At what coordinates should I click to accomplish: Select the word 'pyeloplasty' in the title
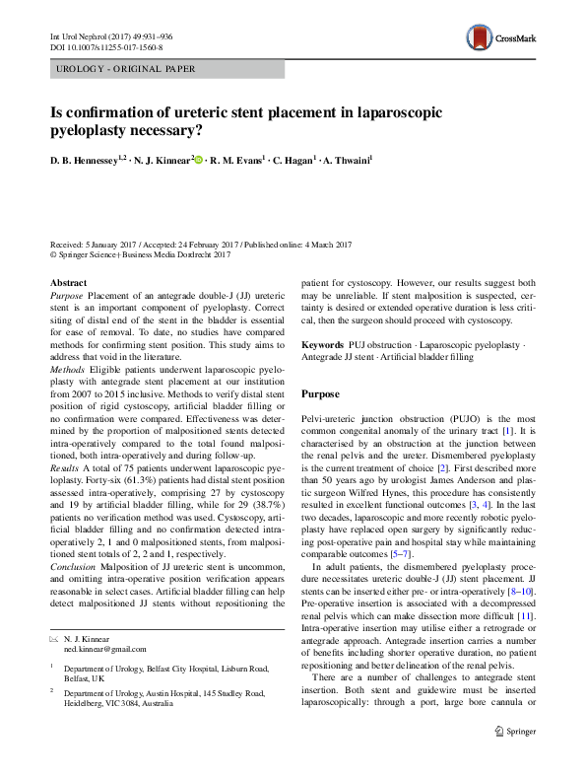click(x=99, y=129)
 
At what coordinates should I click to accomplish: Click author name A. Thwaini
click(x=342, y=160)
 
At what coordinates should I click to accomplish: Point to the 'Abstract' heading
click(x=68, y=282)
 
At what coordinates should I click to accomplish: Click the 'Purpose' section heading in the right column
click(x=322, y=393)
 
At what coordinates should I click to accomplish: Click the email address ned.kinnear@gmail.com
click(x=98, y=649)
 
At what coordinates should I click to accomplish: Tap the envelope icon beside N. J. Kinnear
click(x=54, y=638)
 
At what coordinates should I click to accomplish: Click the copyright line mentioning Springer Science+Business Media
click(x=139, y=253)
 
